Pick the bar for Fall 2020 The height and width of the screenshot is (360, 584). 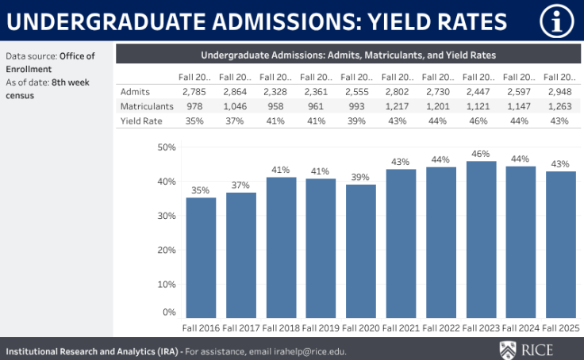(x=361, y=251)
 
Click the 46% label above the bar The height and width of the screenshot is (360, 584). (x=481, y=154)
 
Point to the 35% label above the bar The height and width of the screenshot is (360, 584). (x=201, y=190)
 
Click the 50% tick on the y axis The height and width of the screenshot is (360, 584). (x=166, y=147)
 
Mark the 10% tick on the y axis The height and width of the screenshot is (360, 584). (x=166, y=284)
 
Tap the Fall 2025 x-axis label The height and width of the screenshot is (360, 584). (x=560, y=328)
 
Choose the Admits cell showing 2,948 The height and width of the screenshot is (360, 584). (x=559, y=92)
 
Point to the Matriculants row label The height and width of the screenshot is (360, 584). (x=147, y=106)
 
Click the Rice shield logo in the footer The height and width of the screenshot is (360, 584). (x=509, y=350)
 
